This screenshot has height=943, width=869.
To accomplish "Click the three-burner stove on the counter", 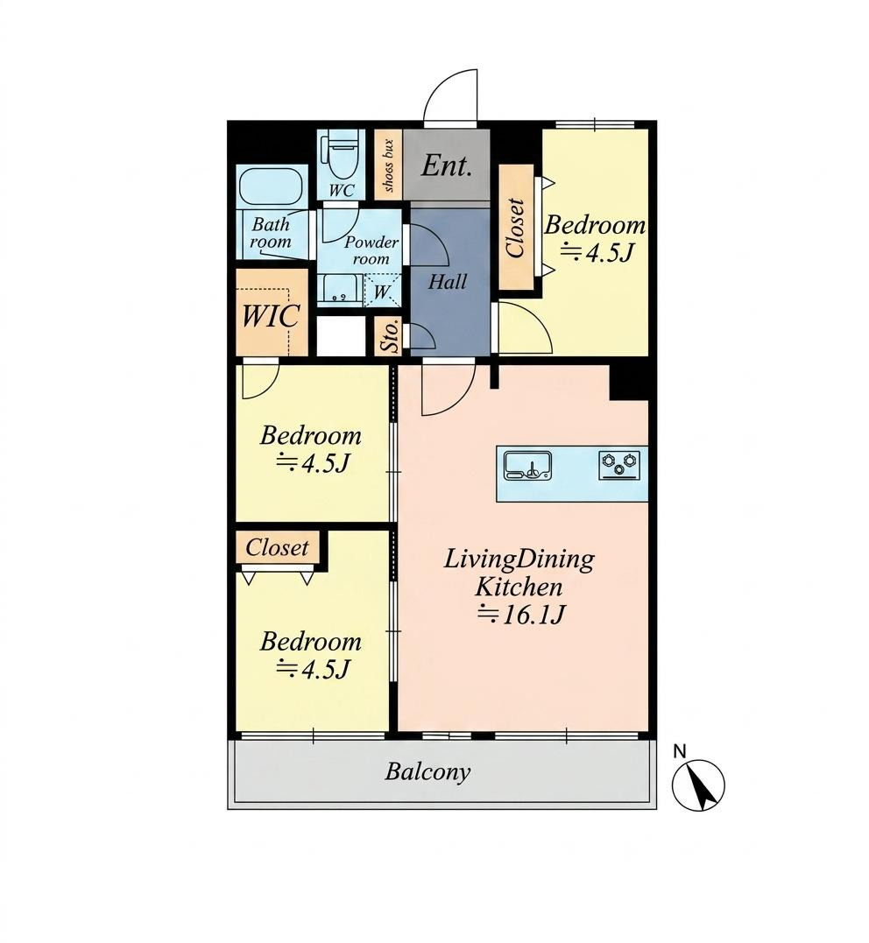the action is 619,466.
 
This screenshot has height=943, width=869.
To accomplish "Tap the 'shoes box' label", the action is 388,165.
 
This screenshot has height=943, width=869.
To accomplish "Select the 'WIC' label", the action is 271,315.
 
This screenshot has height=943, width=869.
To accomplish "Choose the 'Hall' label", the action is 447,281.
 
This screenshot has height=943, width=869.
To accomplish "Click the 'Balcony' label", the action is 427,771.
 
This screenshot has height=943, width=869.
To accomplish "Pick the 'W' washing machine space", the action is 382,292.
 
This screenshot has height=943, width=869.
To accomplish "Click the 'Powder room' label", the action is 371,250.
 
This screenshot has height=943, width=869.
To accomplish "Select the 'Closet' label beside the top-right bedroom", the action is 516,228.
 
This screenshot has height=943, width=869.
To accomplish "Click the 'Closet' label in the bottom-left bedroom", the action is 277,548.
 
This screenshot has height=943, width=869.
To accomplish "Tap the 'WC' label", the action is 342,191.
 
